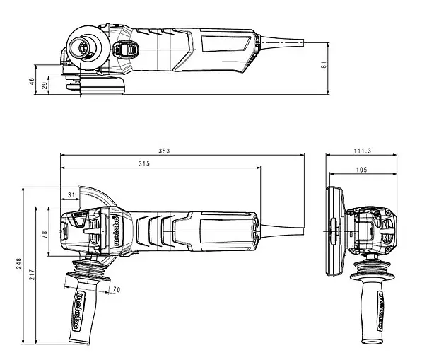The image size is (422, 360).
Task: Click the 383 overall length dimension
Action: [165, 151]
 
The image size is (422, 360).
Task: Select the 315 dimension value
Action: [144, 164]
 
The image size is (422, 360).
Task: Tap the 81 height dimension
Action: [324, 65]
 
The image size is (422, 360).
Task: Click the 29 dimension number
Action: [45, 86]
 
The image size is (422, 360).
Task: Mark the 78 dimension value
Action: [45, 234]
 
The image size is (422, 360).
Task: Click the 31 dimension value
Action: [70, 194]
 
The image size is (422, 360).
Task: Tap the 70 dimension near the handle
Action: [117, 289]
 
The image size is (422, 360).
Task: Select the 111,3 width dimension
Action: [363, 151]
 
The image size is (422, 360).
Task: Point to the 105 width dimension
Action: [362, 170]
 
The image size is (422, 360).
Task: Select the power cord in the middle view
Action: [283, 228]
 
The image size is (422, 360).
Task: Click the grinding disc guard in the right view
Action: [330, 231]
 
